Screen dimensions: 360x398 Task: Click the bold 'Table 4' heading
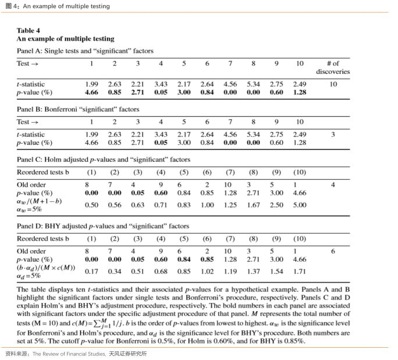[x=28, y=30]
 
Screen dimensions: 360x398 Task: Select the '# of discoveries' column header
[x=333, y=67]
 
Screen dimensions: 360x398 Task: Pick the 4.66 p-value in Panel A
[x=91, y=92]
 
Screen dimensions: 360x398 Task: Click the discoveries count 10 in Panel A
[x=333, y=84]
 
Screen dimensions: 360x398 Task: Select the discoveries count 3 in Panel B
[x=333, y=134]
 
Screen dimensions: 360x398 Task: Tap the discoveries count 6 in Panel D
[x=333, y=251]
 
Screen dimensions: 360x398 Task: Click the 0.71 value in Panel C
[x=161, y=205]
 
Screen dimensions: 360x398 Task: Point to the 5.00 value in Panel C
[x=300, y=205]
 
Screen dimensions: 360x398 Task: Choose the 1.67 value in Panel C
[x=253, y=205]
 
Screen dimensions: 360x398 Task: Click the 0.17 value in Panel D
[x=91, y=271]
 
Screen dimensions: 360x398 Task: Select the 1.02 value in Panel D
[x=207, y=271]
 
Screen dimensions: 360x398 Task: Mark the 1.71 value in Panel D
[x=300, y=271]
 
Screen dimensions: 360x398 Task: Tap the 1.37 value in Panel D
[x=253, y=271]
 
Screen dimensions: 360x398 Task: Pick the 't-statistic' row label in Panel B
[x=30, y=134]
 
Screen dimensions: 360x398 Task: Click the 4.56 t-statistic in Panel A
[x=230, y=84]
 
